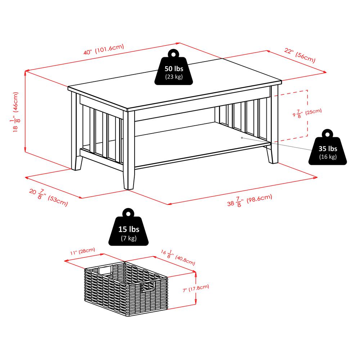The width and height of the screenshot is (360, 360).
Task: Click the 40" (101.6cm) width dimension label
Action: [104, 49]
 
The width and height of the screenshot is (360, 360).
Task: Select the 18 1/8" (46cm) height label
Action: [15, 112]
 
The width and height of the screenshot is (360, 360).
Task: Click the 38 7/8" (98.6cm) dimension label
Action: [249, 200]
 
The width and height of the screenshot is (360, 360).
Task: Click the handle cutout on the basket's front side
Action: [148, 287]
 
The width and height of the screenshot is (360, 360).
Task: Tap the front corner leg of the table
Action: [129, 151]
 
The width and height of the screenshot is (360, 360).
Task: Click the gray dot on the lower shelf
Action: [242, 137]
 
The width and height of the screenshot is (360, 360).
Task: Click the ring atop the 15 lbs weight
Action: [129, 213]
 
